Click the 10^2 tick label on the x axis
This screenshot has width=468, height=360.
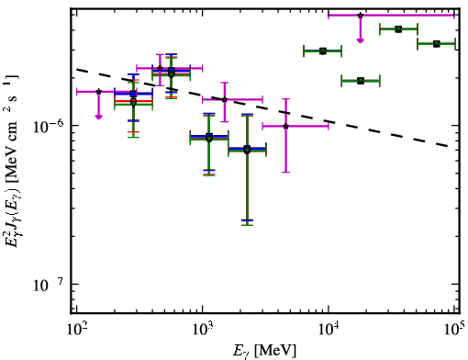point(76,329)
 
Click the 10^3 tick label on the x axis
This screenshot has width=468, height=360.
point(203,329)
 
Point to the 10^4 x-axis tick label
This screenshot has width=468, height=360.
point(329,329)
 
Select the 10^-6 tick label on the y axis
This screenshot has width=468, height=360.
point(48,126)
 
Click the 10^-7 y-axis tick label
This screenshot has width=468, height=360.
point(48,285)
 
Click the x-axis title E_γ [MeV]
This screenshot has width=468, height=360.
point(265,351)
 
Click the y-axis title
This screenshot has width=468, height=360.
point(12,160)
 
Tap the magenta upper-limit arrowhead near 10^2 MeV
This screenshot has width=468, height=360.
point(98,117)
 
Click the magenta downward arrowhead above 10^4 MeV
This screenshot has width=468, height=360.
point(361,40)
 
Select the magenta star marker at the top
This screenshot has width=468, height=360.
point(361,15)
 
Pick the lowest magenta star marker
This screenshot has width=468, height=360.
point(285,126)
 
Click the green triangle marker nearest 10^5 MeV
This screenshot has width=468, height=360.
point(437,44)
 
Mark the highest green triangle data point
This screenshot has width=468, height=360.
point(398,29)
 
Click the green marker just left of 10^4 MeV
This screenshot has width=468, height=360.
point(322,51)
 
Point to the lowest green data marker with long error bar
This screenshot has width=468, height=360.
point(247,150)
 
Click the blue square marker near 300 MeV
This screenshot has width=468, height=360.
point(133,94)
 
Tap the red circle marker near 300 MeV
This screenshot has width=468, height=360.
point(133,101)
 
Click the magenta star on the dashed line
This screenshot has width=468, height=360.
point(225,99)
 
